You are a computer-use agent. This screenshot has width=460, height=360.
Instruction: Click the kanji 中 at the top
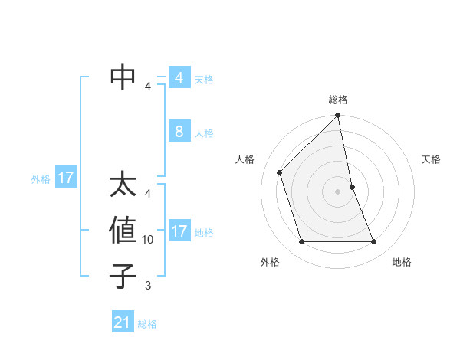coord(123,77)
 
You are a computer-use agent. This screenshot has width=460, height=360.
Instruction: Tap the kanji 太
coord(123,185)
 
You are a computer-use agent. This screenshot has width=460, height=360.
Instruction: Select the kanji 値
coord(123,231)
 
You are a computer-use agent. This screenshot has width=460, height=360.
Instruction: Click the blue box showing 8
coord(179,132)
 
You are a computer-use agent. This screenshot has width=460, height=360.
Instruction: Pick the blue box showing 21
coord(123,322)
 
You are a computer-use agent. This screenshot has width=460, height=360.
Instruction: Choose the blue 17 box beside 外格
coord(65,178)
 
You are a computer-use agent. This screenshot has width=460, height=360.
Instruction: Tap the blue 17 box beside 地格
coord(179,231)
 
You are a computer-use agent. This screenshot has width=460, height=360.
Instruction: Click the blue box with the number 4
coord(179,78)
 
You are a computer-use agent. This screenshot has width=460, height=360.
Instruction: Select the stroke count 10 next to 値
coord(148,240)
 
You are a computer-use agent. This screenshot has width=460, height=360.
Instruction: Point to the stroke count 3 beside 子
coord(148,286)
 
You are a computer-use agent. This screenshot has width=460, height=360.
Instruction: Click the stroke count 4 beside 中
coord(148,87)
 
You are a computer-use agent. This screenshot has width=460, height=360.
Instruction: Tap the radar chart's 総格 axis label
coord(338,100)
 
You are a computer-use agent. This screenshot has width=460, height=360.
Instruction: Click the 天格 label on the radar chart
coord(431,159)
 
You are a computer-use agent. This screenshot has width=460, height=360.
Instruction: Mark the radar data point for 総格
coord(338,116)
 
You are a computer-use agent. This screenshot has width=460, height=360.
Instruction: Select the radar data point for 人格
coord(280,172)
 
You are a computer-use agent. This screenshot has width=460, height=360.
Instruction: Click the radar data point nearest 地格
coord(374,242)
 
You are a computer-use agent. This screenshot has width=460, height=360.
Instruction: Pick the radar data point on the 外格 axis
coord(302,242)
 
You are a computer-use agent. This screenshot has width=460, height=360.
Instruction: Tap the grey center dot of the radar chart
coord(338,191)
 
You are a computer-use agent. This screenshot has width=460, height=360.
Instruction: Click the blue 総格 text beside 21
coord(147,324)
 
